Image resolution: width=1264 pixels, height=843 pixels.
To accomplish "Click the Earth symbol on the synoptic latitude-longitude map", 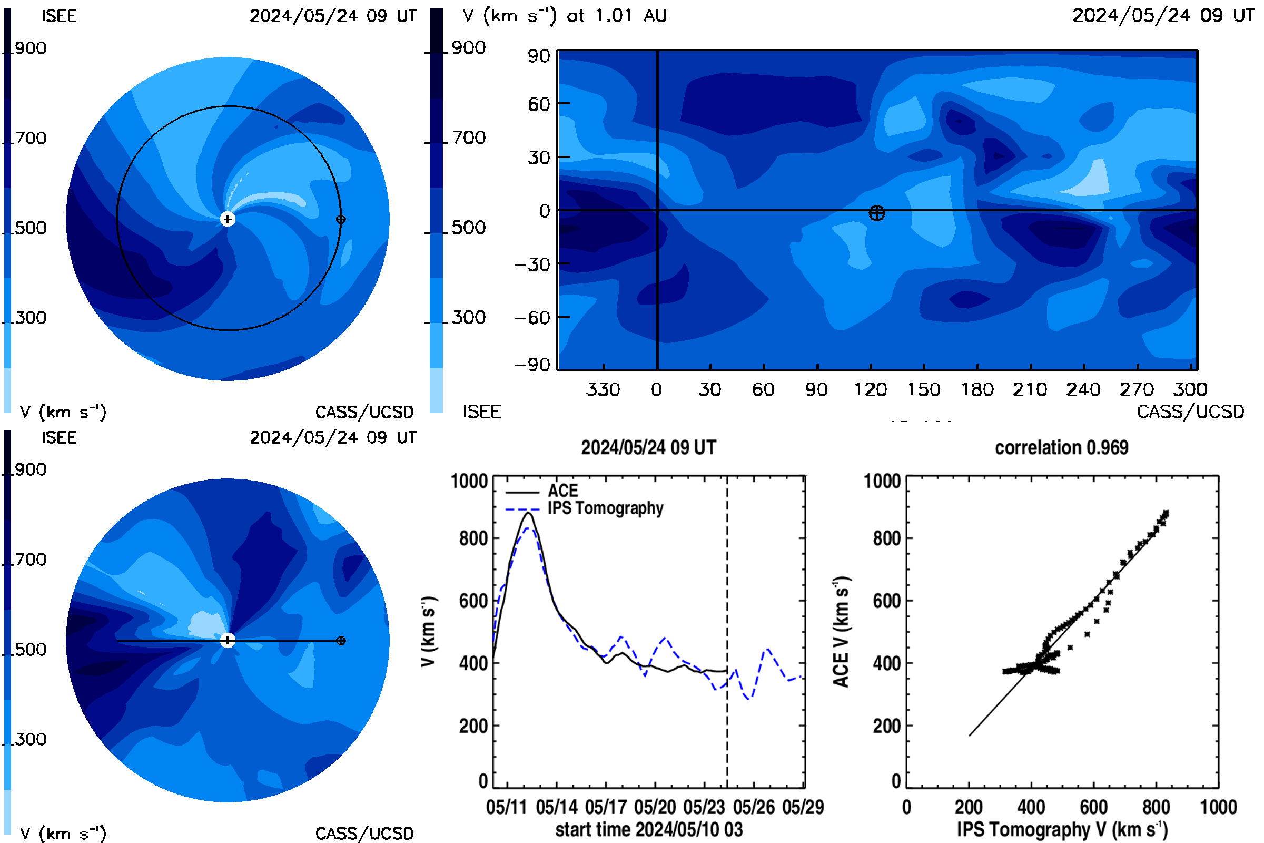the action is [876, 213].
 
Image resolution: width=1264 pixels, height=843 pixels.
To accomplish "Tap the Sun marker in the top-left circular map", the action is [228, 219].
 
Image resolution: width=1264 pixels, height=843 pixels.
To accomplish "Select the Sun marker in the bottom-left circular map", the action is [228, 640].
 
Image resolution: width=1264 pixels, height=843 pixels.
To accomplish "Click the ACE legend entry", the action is [542, 491].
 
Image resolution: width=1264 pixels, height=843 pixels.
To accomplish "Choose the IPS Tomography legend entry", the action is [584, 508].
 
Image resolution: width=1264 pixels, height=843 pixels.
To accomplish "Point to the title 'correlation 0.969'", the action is [1061, 447].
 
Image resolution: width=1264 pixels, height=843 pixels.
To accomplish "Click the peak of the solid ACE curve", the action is [529, 513].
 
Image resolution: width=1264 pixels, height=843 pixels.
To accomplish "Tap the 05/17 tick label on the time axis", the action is [606, 807].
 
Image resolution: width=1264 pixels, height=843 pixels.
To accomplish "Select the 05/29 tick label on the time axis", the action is [803, 807].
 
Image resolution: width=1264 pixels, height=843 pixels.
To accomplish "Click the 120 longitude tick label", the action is [871, 389].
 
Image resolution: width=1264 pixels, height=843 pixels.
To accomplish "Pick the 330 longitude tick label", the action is [603, 389].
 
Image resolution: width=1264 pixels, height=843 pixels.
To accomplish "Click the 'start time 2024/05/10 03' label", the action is [649, 829].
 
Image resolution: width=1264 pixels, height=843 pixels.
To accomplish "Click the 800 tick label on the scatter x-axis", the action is [1156, 807].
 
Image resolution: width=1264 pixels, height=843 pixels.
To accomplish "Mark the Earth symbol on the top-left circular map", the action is [341, 219].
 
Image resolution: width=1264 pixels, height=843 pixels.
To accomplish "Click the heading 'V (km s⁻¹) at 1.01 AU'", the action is [564, 16].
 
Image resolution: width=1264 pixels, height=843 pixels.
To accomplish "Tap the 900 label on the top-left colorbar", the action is [31, 48].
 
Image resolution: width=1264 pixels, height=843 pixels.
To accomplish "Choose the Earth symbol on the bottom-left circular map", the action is [341, 640].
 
